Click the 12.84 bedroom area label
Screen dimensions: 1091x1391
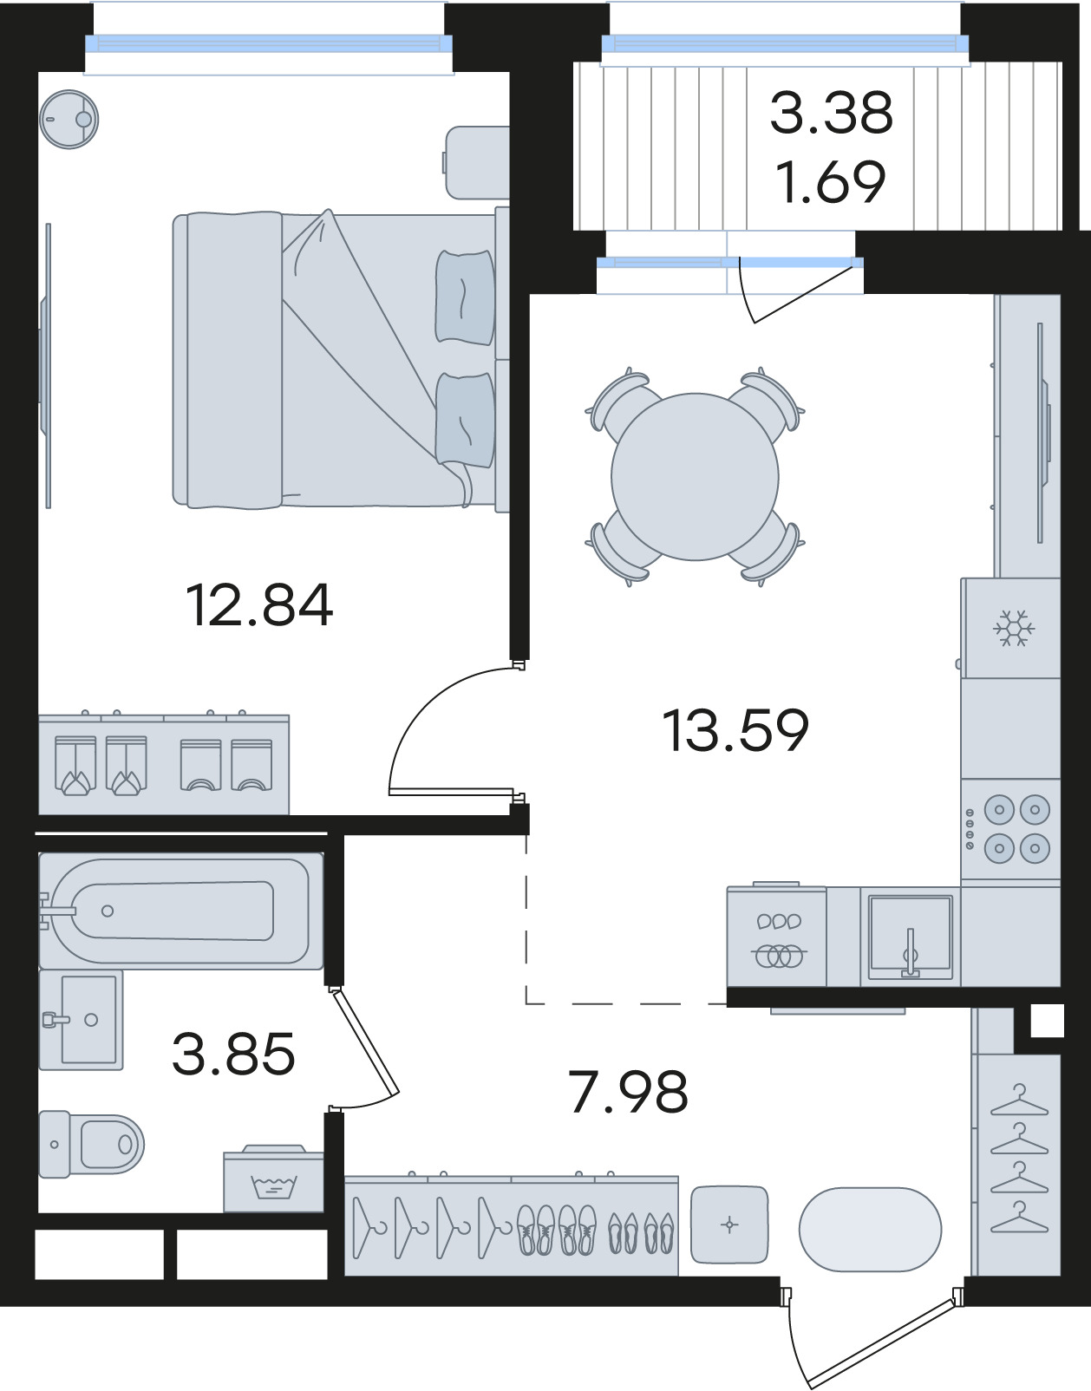[259, 605]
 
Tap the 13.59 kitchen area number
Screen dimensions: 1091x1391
[735, 730]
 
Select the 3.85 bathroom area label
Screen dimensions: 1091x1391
[233, 1054]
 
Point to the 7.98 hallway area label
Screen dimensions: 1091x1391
[629, 1092]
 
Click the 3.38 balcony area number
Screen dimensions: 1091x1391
[831, 113]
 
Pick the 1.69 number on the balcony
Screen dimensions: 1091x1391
[831, 182]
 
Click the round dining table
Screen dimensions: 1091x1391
[695, 477]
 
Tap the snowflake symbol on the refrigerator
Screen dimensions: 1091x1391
[1014, 628]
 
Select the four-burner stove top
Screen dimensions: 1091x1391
[1010, 830]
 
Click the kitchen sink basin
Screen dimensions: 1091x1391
[910, 936]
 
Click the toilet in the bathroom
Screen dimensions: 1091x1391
[91, 1144]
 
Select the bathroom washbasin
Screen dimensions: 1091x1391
[82, 1021]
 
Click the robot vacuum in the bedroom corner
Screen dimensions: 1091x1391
[69, 119]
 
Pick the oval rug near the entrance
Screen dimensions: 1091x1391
[870, 1229]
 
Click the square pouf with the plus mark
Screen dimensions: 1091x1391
[729, 1225]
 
